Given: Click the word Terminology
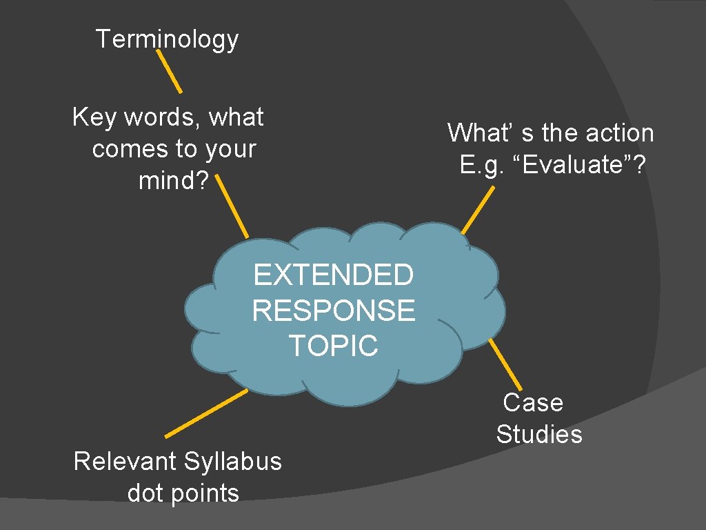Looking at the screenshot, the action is tap(167, 39).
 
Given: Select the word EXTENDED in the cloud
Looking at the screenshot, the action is tap(333, 275).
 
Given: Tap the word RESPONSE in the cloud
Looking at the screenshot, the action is tap(333, 311).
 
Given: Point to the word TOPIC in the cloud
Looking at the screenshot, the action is tap(333, 345).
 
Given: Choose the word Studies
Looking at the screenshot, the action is tap(539, 434).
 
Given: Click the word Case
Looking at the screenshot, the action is tap(533, 402).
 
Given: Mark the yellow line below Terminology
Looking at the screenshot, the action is tap(168, 70).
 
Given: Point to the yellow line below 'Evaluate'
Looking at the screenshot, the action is tap(478, 210).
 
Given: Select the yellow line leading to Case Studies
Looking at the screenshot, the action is tap(505, 364).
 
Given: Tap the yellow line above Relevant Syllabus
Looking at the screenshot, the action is tap(206, 413).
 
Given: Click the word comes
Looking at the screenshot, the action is tap(125, 149).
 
